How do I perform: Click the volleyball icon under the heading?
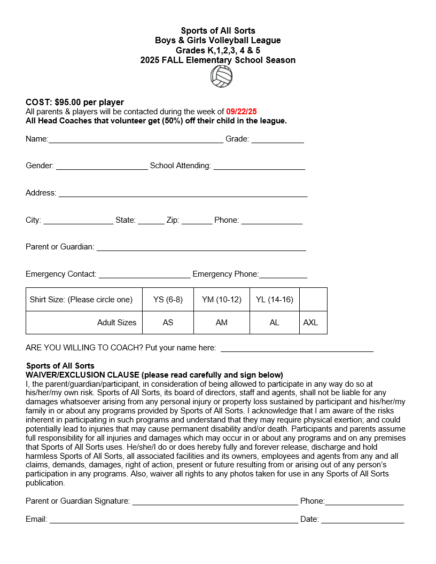221,77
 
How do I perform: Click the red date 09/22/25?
242,112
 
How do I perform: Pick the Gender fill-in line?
102,168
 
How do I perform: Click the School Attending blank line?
259,168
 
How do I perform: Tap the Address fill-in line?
183,195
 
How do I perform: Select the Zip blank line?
197,222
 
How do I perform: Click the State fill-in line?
151,222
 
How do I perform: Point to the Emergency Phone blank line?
283,276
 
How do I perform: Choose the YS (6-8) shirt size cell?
168,300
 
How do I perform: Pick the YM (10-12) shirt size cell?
222,300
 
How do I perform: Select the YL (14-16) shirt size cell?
275,300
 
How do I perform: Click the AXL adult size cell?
310,323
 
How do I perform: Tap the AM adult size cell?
222,323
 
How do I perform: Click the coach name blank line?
297,350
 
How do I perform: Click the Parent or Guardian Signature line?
215,503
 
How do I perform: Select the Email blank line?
174,521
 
